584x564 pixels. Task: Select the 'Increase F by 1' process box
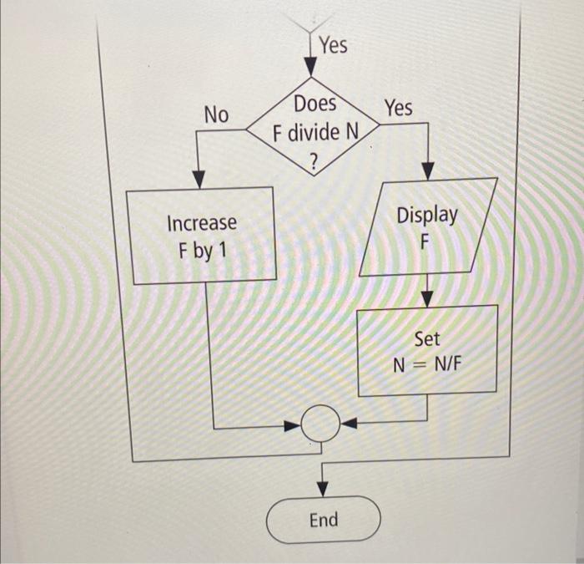[x=201, y=236]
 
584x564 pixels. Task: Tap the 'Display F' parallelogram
[x=427, y=227]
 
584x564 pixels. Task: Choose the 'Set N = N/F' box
[x=427, y=350]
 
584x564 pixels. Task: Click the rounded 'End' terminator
[x=324, y=520]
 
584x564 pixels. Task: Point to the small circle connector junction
[x=320, y=424]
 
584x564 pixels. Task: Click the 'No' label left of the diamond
[x=216, y=115]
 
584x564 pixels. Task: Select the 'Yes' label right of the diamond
[x=398, y=108]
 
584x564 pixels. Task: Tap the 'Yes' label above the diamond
[x=333, y=45]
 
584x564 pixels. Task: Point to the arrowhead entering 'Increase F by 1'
[x=199, y=179]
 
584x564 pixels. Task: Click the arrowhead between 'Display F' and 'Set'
[x=427, y=297]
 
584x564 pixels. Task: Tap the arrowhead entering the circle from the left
[x=293, y=426]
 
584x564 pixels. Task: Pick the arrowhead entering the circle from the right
[x=349, y=423]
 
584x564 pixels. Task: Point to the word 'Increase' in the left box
[x=202, y=223]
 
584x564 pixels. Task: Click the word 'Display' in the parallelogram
[x=427, y=215]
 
